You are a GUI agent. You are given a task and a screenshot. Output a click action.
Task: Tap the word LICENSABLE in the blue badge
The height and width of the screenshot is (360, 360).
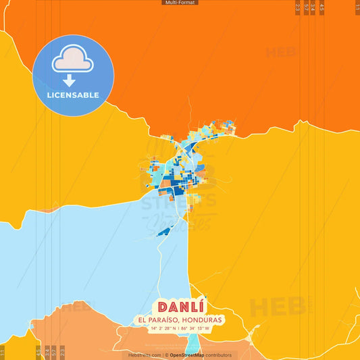[73, 95]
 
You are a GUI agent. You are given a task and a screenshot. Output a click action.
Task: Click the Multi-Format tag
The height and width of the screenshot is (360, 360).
[180, 3]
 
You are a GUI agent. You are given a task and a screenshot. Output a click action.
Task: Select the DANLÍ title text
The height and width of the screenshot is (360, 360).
[180, 306]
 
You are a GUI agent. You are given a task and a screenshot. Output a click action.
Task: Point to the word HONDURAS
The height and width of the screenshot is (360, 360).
[201, 319]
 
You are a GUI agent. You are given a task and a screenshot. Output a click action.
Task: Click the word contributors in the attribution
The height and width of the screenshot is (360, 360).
[219, 355]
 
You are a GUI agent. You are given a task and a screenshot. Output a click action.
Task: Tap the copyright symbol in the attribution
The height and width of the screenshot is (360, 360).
[166, 355]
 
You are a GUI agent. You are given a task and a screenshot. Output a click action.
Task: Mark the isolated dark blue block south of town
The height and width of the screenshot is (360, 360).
[163, 232]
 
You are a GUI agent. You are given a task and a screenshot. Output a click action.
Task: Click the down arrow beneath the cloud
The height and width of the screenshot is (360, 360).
[73, 80]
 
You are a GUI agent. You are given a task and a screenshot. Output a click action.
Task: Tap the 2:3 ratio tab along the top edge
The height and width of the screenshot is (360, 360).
[299, 7]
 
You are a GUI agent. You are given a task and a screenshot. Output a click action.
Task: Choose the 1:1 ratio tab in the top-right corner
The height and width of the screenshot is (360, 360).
[357, 6]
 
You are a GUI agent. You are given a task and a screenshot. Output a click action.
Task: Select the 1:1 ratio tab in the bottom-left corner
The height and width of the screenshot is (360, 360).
[2, 352]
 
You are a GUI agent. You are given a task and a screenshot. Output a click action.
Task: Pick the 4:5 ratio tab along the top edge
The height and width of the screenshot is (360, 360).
[322, 7]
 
